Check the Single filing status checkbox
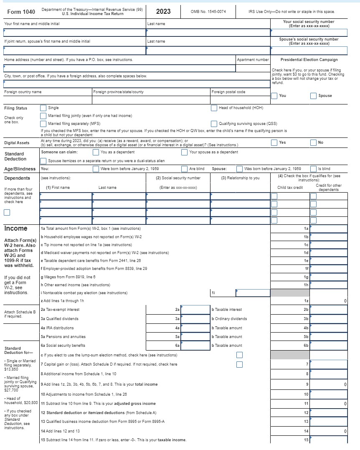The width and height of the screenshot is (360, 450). coord(43,108)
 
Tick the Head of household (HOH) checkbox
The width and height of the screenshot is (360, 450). coord(214,108)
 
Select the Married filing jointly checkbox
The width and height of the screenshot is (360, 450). coord(43,116)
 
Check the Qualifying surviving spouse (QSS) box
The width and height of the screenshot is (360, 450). coord(214,124)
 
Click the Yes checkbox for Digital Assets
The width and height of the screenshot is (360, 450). coord(274,143)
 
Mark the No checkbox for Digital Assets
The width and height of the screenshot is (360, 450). coord(313,143)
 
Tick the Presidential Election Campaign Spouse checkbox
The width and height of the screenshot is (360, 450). coord(313,96)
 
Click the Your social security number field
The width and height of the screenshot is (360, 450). coord(309,33)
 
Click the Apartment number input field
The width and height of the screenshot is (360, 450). coord(253,68)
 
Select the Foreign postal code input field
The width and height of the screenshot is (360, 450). coord(240,100)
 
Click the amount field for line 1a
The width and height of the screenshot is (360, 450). coord(329,229)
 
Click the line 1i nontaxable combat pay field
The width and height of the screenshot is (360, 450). coord(253,293)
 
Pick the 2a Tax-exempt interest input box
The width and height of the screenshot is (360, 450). coord(195,310)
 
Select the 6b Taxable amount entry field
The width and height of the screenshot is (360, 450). coord(329,346)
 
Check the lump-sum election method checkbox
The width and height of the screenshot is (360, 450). coord(239,355)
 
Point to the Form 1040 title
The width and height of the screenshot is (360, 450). coord(21,11)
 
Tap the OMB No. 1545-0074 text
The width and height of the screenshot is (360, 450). coord(208,12)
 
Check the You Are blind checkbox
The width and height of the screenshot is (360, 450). coord(184,169)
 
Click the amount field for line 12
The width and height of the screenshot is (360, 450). coord(329,413)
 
